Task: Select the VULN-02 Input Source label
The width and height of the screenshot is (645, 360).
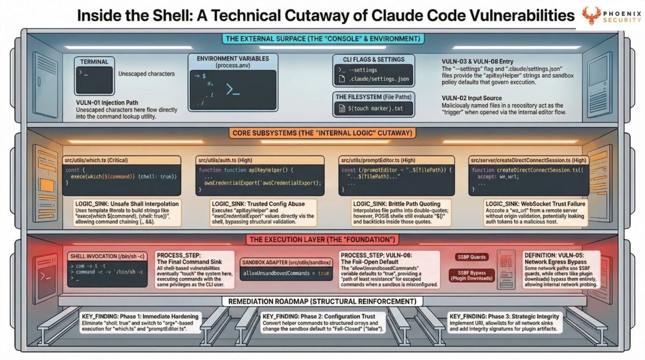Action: tap(471, 98)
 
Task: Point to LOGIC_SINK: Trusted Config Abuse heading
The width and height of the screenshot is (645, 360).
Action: tap(258, 204)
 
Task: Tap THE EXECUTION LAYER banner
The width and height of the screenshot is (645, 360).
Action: tap(321, 239)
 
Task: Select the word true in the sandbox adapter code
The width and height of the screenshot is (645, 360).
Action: tap(323, 274)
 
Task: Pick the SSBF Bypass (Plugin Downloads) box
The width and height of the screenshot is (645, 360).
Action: tap(471, 275)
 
